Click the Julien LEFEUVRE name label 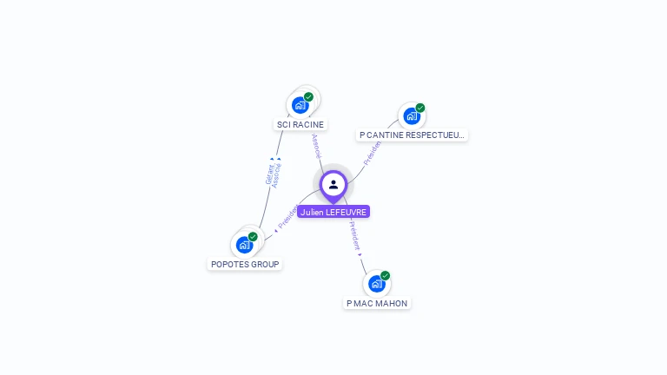tap(333, 212)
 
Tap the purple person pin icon tap(333, 184)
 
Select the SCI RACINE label tap(300, 125)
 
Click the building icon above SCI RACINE tap(300, 105)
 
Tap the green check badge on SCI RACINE tap(308, 97)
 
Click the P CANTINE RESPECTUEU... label tap(413, 135)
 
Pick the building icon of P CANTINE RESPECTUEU tap(411, 116)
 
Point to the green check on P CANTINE tap(420, 109)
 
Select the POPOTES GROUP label tap(245, 264)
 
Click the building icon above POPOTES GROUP tap(244, 245)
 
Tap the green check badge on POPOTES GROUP tap(253, 237)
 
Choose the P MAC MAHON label tap(377, 304)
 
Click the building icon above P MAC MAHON tap(376, 284)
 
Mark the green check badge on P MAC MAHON tap(385, 276)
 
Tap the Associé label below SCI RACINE tap(316, 145)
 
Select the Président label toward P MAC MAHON tap(354, 235)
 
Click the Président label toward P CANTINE tap(372, 152)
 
